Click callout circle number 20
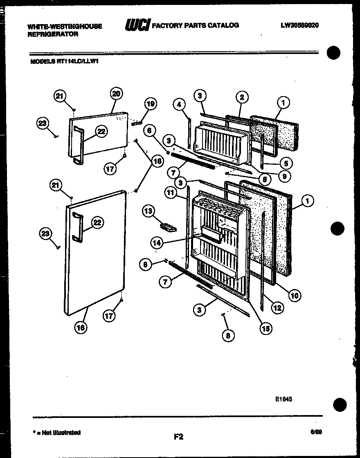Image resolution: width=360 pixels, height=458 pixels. tap(116, 94)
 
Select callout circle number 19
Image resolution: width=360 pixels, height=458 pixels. tap(150, 104)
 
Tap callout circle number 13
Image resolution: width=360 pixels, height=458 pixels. tap(148, 211)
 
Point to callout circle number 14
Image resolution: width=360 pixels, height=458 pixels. tap(157, 243)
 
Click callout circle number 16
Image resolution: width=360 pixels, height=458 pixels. tap(81, 327)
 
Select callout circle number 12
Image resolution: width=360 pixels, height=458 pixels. tap(277, 308)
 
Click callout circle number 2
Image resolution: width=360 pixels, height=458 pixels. tap(242, 97)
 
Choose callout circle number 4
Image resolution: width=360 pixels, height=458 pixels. tap(178, 105)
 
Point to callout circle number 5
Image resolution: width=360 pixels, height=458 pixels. tap(286, 164)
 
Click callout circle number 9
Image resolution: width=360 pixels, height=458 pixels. tap(283, 176)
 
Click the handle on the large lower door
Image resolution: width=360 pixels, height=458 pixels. tap(77, 228)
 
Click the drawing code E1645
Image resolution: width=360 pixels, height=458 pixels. tap(283, 399)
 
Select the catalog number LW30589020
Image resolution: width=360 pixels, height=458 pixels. tap(299, 25)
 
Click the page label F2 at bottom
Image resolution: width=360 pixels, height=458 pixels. tap(178, 437)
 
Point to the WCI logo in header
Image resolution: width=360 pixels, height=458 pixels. tap(137, 25)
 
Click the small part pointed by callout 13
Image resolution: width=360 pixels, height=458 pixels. tap(168, 226)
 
